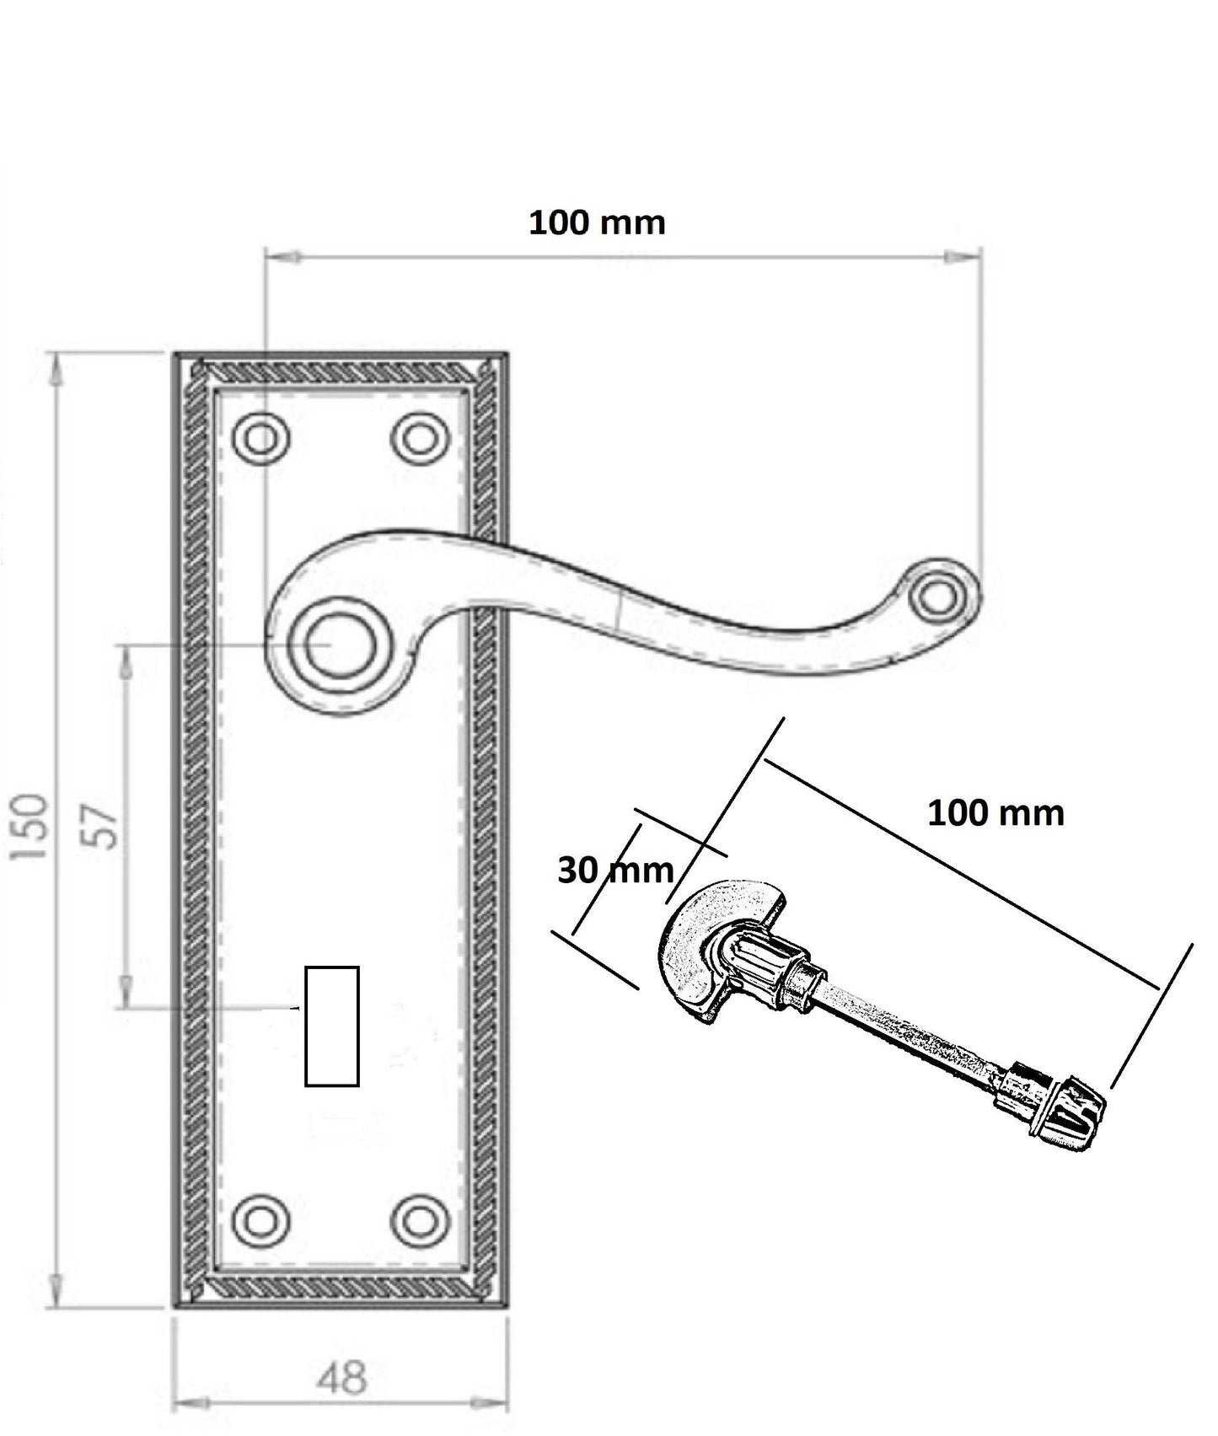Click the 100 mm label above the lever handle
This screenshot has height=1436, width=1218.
597,222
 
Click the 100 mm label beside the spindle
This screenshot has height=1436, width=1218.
995,813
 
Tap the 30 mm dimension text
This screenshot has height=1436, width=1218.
615,871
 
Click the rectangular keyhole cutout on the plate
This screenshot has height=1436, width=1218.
332,1026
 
